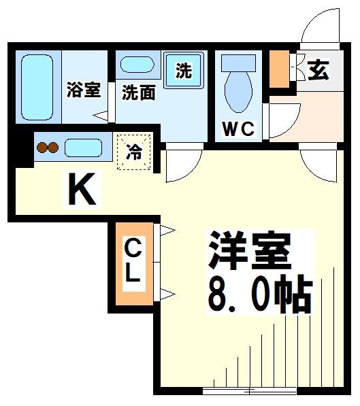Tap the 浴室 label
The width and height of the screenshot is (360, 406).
point(84,90)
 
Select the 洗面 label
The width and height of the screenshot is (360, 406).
point(138,92)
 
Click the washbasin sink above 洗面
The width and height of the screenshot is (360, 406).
point(137,66)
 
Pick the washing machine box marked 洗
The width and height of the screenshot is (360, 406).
point(184,70)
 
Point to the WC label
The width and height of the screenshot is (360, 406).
point(238,128)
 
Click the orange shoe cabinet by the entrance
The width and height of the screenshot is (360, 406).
point(279,69)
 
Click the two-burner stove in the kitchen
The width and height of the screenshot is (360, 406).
point(48,146)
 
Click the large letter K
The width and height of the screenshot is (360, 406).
point(83,190)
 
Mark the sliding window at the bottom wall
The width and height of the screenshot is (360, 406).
point(250,390)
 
